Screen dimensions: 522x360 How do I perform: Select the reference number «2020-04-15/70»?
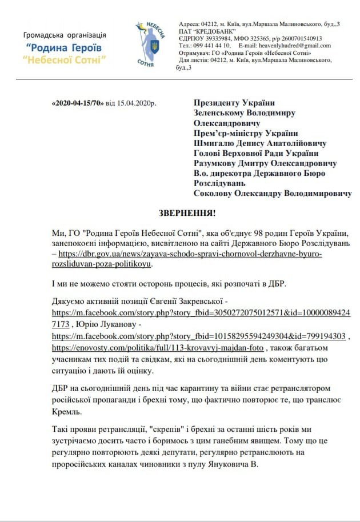(77, 103)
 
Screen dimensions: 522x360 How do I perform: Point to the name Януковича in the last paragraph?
(225, 465)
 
